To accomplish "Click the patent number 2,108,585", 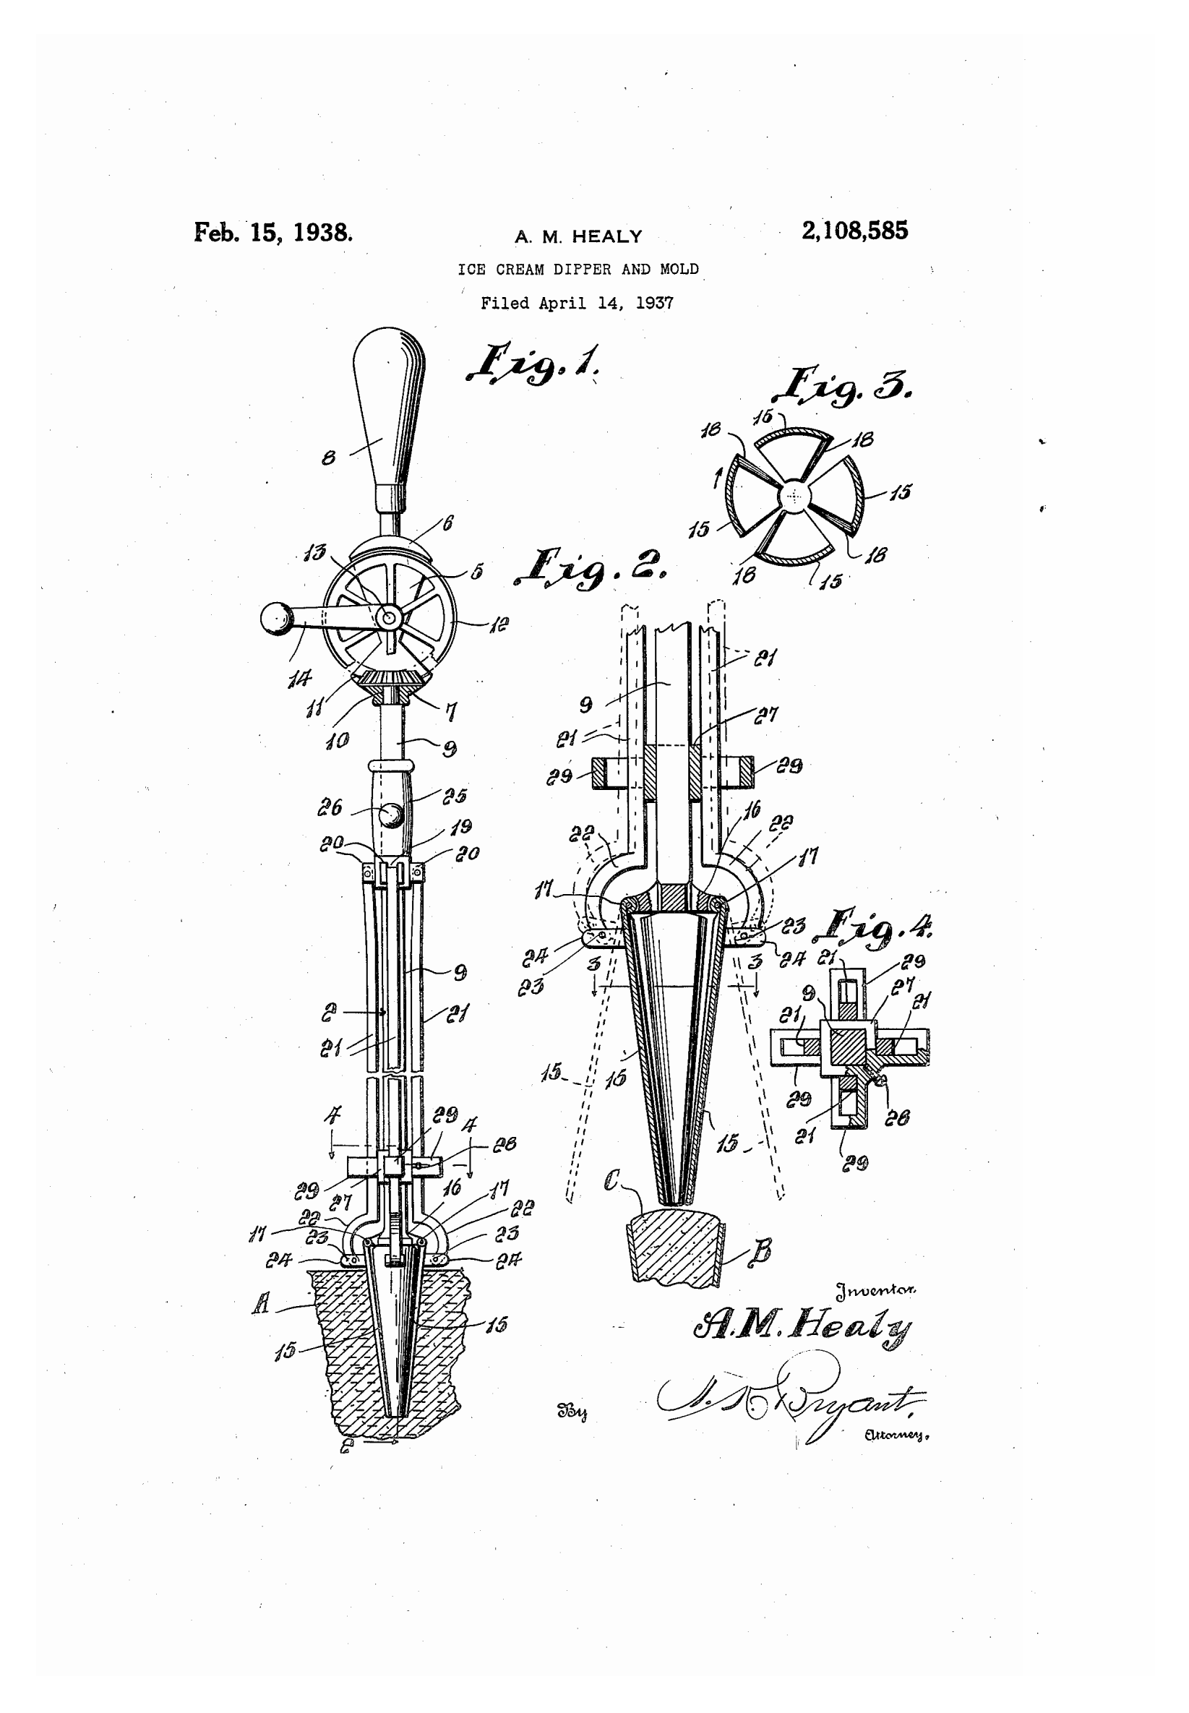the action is point(854,231).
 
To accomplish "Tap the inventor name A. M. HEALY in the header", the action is point(578,237).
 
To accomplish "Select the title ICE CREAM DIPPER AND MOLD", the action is point(578,270).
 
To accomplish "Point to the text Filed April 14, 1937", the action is point(577,303).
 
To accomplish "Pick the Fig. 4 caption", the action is point(876,926).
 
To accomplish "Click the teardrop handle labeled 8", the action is point(387,410).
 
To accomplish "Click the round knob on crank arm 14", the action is point(275,617).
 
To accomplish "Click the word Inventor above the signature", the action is point(875,1291).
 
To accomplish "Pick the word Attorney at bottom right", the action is point(896,1435).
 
